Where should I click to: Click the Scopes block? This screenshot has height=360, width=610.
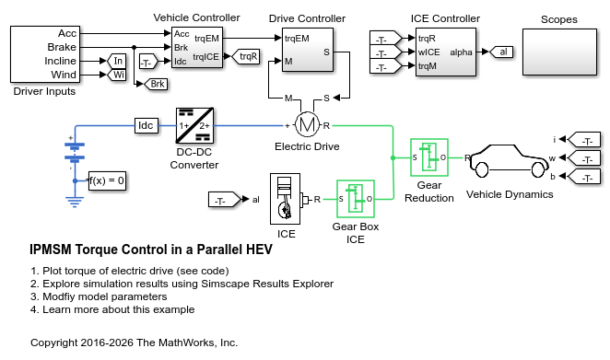pos(559,52)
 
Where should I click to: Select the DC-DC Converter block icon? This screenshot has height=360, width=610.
pos(194,125)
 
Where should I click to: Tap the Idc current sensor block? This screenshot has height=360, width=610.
pos(147,125)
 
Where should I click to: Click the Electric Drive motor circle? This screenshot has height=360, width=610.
pos(307,125)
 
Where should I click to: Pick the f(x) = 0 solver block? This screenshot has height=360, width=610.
pos(107,180)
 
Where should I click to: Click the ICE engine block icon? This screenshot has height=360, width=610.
pos(285,199)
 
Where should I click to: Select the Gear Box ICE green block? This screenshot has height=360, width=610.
pos(355,199)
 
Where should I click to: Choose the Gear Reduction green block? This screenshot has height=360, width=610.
pos(429,157)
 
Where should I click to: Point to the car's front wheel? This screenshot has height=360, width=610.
pos(538,169)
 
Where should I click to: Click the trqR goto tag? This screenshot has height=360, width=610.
pos(246,57)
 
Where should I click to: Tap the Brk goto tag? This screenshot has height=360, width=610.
pos(156,84)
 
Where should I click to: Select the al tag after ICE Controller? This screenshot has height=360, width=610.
pos(501,52)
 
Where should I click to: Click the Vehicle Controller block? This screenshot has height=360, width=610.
pos(197,48)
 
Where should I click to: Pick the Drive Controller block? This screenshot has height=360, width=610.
pos(308,50)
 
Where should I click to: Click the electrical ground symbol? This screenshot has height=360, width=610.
pos(75,202)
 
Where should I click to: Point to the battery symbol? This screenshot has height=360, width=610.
pos(75,152)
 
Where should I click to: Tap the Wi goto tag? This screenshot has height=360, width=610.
pos(116,75)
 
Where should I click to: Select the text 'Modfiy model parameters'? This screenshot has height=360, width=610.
pos(105,296)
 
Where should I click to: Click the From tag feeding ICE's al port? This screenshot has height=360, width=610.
pos(225,200)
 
